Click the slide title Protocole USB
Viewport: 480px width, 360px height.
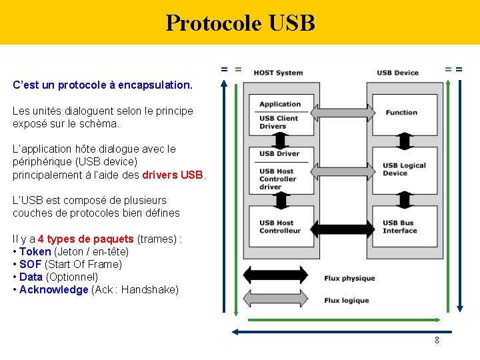[240, 23]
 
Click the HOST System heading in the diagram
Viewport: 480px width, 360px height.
[278, 73]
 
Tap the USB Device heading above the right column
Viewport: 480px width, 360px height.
[397, 73]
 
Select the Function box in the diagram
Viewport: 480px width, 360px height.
[404, 114]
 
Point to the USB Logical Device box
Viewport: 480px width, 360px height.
[404, 169]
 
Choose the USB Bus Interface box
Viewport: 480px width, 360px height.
[404, 227]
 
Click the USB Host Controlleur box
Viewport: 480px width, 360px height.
[279, 227]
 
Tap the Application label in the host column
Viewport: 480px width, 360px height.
[280, 104]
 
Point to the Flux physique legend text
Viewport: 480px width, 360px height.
[349, 278]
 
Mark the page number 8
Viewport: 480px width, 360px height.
[437, 341]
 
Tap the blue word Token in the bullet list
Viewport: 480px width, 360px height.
[35, 251]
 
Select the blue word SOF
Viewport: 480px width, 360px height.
[30, 264]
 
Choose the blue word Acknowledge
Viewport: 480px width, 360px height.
[53, 289]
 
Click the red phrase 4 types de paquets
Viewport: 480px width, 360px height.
[86, 239]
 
